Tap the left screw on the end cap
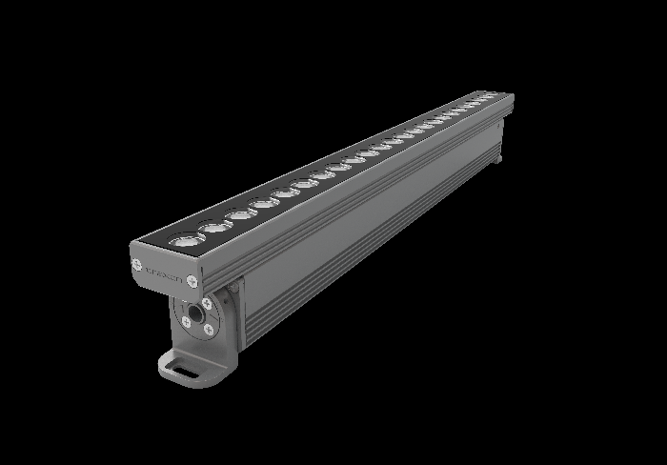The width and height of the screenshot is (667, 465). pos(139,262)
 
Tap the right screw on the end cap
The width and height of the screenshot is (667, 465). pos(192,280)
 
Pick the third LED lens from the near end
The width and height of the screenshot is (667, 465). pos(239,215)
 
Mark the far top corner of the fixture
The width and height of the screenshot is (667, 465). pos(513,93)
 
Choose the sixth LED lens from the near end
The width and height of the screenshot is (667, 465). pos(306,184)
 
